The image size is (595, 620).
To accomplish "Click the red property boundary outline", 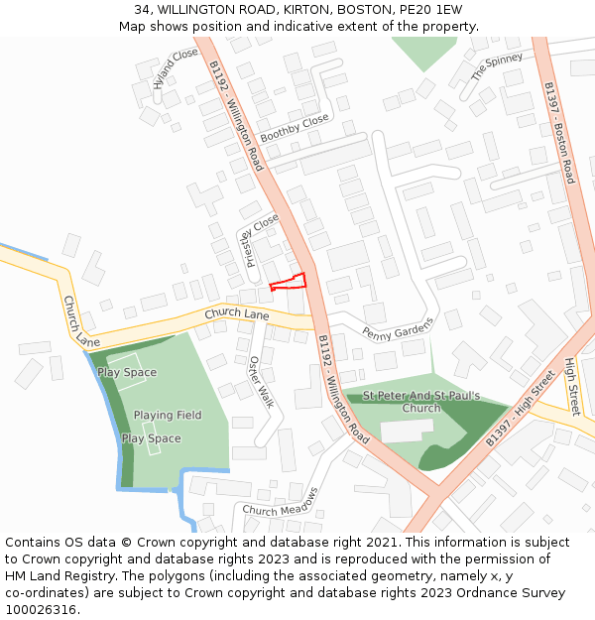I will [289, 281].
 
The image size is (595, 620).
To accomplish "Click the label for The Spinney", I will [497, 67].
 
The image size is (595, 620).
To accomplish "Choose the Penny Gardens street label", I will [399, 328].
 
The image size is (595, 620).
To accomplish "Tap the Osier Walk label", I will [260, 382].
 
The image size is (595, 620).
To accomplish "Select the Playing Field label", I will [168, 415].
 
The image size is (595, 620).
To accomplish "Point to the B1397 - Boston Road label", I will [559, 132].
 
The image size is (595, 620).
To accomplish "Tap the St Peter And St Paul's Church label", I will [421, 402].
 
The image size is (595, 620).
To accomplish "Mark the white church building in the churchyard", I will [407, 432].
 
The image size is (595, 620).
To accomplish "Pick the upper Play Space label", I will [127, 372].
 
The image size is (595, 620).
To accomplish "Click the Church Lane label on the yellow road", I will [237, 314].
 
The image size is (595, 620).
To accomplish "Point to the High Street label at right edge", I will [572, 387].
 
